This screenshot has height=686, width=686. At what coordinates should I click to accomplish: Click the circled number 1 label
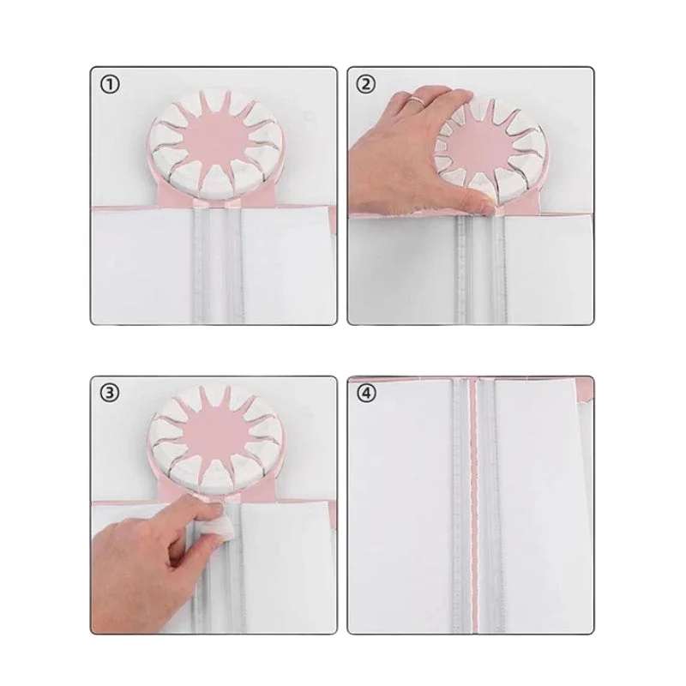click(110, 85)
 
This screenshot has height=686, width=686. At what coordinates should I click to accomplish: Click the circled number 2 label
click(366, 84)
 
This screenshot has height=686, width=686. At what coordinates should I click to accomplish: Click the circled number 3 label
click(110, 394)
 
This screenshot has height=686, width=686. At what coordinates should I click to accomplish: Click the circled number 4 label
click(367, 394)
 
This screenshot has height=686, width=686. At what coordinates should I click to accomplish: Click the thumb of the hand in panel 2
click(475, 202)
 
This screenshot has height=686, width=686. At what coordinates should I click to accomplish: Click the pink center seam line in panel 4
click(474, 503)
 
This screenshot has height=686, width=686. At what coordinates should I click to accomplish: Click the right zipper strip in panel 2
click(498, 269)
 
